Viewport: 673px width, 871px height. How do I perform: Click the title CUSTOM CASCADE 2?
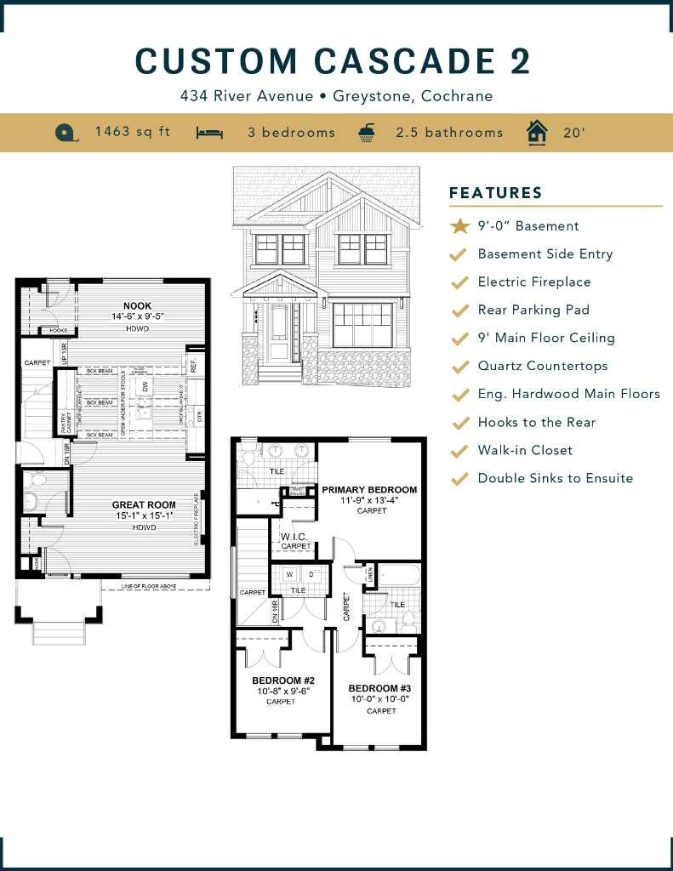(334, 62)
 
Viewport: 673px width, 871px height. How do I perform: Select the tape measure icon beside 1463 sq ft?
(66, 133)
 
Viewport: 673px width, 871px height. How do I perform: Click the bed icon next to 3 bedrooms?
(209, 133)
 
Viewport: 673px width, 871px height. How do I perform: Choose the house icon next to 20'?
(536, 132)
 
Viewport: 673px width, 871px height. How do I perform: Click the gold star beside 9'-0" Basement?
(459, 226)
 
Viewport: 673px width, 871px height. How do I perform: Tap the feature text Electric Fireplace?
(533, 282)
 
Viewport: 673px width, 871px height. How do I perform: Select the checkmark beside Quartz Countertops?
(459, 367)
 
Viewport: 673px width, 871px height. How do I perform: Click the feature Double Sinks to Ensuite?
(555, 478)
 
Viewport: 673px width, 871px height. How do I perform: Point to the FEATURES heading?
(495, 193)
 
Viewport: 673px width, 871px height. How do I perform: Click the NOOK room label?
(137, 305)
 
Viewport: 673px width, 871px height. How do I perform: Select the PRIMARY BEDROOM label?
(369, 490)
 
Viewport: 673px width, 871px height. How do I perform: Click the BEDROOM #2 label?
(283, 680)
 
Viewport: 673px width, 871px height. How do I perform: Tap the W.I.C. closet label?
(295, 537)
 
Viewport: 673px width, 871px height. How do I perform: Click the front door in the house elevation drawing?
(279, 333)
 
